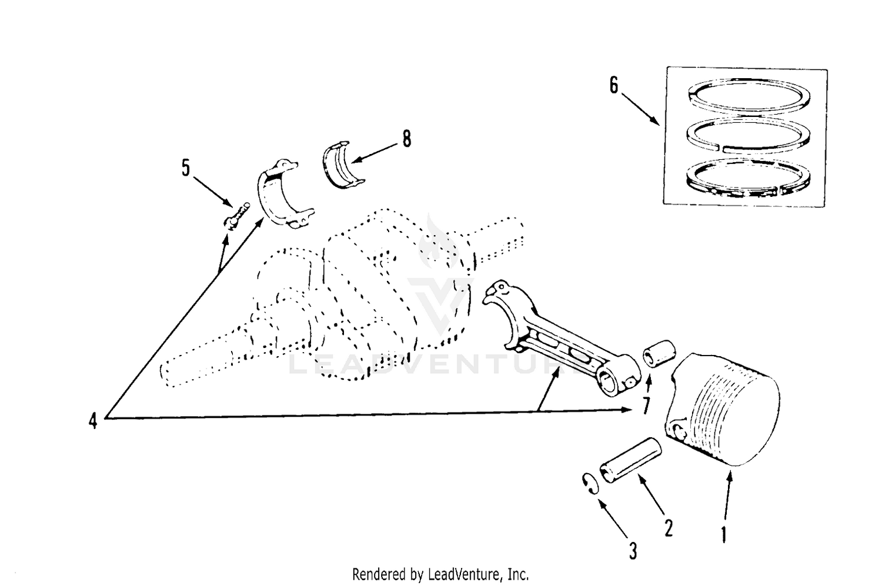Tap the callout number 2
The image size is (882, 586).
[668, 528]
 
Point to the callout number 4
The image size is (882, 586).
[93, 421]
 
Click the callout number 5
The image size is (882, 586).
[185, 168]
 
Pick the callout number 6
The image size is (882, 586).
[614, 85]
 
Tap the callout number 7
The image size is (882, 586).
[646, 406]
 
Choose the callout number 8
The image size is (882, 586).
[407, 139]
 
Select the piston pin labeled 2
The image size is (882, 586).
[630, 460]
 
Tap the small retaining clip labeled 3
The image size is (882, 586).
[590, 483]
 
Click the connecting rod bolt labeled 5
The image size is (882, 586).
[236, 216]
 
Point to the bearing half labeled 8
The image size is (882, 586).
[343, 165]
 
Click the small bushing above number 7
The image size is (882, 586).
[659, 353]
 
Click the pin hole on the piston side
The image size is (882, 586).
[679, 431]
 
